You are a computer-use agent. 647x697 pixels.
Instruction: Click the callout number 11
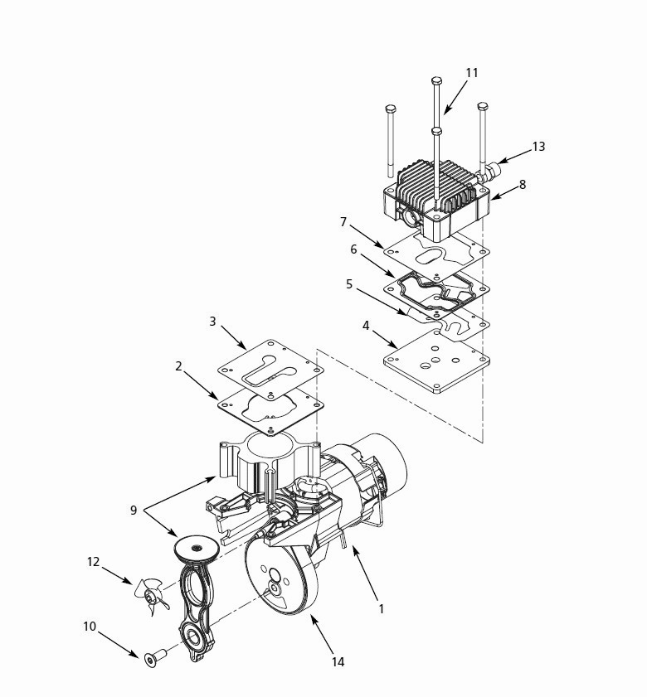pos(471,73)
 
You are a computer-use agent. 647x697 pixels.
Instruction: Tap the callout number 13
pos(538,147)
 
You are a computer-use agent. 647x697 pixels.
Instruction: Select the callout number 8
pos(522,185)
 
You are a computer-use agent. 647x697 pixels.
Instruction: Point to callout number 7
pos(343,221)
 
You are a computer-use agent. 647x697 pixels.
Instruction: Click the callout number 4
pos(366,326)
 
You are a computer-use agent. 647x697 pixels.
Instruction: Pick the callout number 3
pos(212,321)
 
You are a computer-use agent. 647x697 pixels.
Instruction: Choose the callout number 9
pos(134,511)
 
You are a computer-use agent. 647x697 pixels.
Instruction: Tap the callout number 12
pos(93,562)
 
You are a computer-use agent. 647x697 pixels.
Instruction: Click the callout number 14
pos(338,661)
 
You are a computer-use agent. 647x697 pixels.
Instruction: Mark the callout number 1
pos(381,608)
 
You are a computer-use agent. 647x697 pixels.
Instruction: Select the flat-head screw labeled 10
pos(153,659)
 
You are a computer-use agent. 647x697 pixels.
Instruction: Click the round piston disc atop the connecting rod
pos(197,547)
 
